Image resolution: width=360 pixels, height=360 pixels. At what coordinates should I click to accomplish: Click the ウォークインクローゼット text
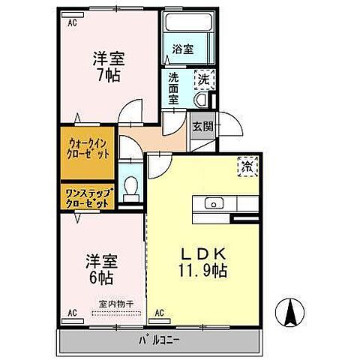point(88,148)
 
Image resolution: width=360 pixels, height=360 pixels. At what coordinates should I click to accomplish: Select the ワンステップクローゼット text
point(88,197)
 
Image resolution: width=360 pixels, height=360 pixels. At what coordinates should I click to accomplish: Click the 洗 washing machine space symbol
point(202,76)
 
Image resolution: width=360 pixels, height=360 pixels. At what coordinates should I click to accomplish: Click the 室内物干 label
point(116,303)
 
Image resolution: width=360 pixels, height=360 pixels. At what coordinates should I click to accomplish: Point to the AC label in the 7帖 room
point(73,23)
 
